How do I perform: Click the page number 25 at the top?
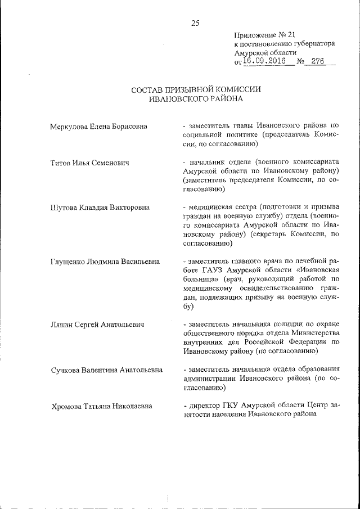tap(195, 23)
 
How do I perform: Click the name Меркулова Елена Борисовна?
tap(98, 126)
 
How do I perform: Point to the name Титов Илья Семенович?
tap(90, 163)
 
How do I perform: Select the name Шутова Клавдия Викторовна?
tap(100, 208)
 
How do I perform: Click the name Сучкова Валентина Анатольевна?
tap(107, 370)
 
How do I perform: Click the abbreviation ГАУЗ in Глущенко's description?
tap(219, 271)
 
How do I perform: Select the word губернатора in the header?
tap(316, 43)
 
